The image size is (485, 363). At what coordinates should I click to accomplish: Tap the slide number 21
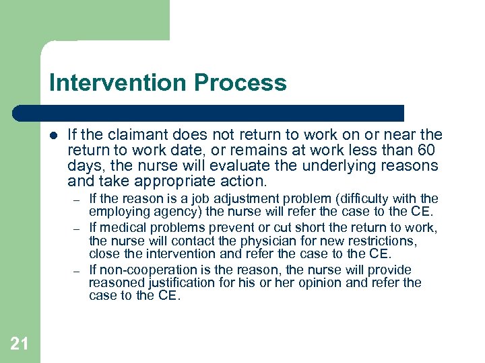[x=20, y=344]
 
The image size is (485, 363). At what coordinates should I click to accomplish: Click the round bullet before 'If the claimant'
[x=53, y=134]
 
